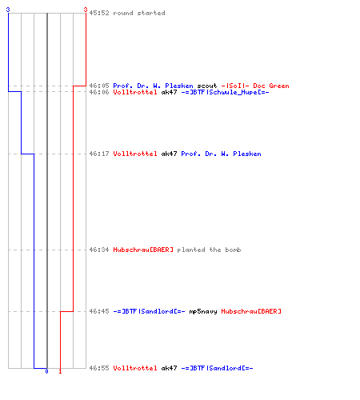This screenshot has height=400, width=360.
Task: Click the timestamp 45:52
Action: pyautogui.click(x=99, y=13)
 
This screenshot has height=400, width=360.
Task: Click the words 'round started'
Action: pyautogui.click(x=139, y=13)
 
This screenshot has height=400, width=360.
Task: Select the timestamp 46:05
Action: pyautogui.click(x=99, y=86)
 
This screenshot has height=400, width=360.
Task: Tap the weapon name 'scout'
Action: pyautogui.click(x=207, y=86)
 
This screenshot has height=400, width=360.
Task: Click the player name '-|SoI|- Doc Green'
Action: pyautogui.click(x=255, y=86)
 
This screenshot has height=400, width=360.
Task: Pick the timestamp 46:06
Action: pyautogui.click(x=99, y=92)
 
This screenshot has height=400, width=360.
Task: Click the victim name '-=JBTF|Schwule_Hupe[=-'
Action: pyautogui.click(x=225, y=92)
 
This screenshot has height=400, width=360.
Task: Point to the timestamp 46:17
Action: pyautogui.click(x=99, y=154)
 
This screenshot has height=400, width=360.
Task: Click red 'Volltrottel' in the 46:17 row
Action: pyautogui.click(x=135, y=154)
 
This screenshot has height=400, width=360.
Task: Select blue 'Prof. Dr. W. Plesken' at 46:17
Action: pyautogui.click(x=221, y=154)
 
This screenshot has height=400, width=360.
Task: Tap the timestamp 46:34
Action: pyautogui.click(x=99, y=250)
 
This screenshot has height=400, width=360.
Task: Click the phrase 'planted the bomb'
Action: pyautogui.click(x=209, y=250)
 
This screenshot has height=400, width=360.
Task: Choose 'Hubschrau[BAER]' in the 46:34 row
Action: pyautogui.click(x=143, y=250)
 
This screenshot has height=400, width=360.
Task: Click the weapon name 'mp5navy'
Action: pyautogui.click(x=203, y=311)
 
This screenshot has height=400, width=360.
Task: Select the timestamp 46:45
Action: pyautogui.click(x=99, y=311)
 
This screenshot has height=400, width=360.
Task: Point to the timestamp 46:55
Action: pyautogui.click(x=99, y=368)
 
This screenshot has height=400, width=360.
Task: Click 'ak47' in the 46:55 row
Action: pyautogui.click(x=169, y=368)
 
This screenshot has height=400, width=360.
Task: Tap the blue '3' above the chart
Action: pyautogui.click(x=8, y=10)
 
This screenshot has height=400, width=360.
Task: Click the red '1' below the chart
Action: pyautogui.click(x=60, y=371)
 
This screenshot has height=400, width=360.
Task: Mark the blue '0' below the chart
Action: pyautogui.click(x=46, y=371)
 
